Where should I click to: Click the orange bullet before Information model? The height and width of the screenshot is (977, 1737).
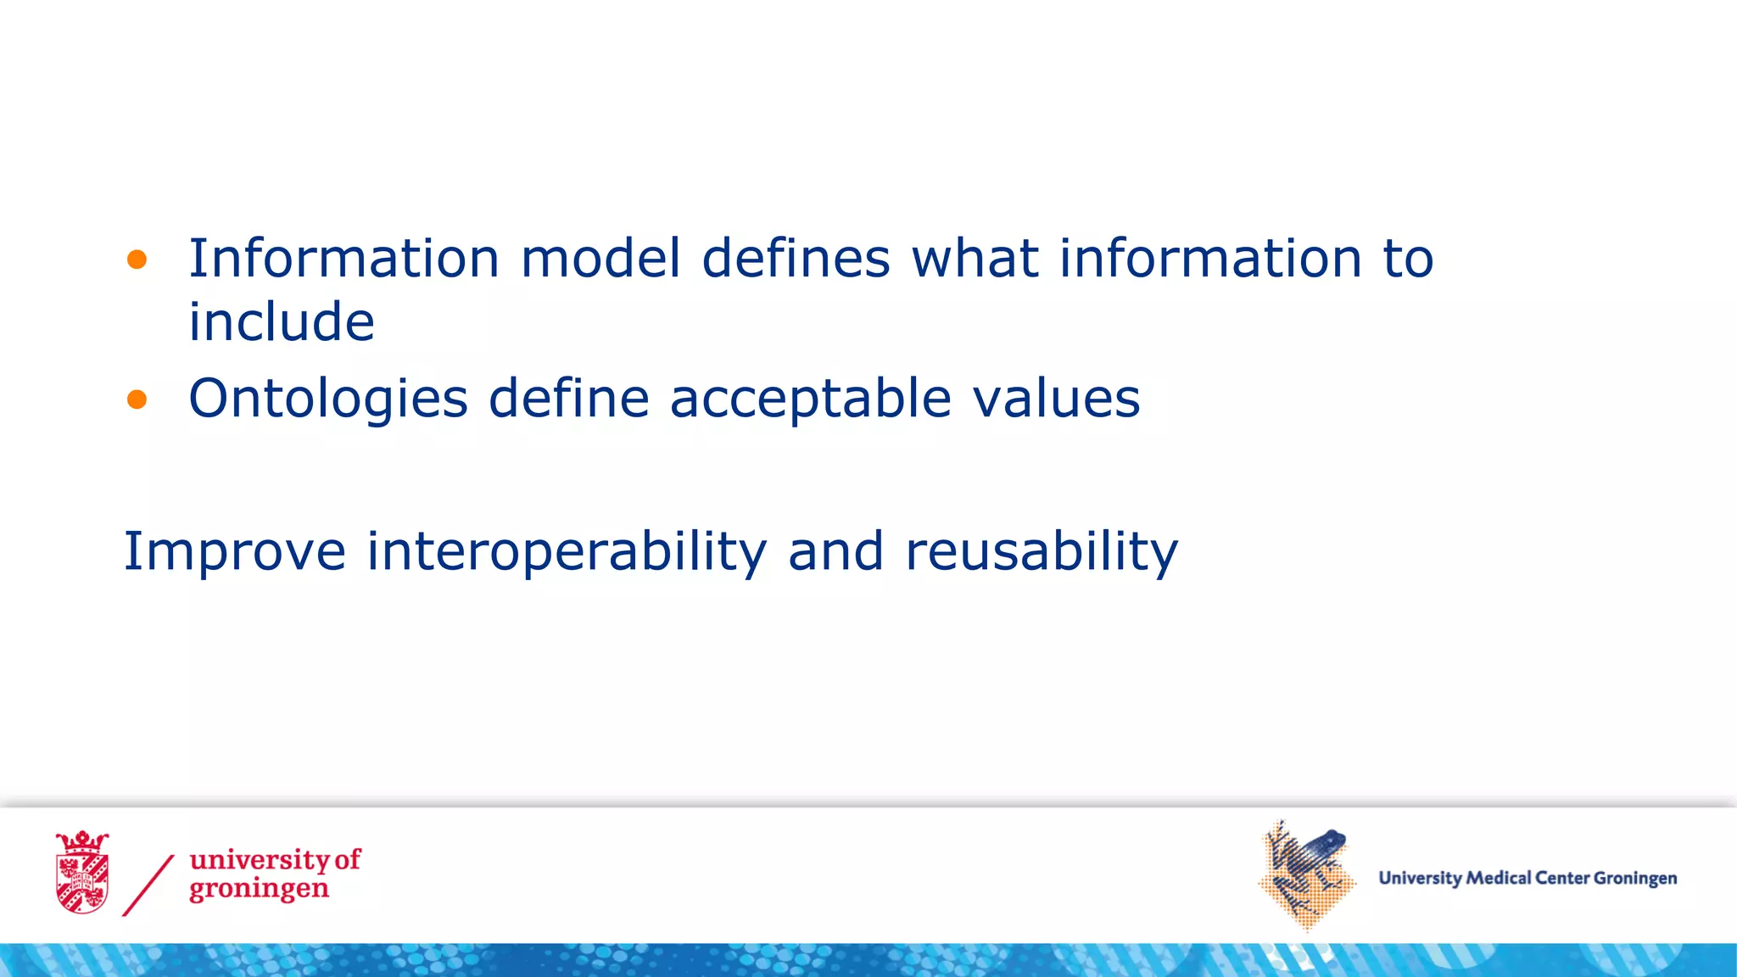(137, 260)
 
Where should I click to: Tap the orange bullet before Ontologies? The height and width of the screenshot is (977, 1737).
(137, 399)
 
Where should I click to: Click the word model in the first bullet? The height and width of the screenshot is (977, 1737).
(600, 258)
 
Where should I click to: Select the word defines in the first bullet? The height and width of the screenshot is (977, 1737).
(796, 258)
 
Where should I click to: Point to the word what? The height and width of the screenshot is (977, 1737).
(975, 258)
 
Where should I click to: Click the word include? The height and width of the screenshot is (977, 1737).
(281, 322)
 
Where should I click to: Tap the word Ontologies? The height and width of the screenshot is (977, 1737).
(328, 399)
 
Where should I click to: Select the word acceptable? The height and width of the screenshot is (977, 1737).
(810, 399)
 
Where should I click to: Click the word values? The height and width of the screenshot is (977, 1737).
(1056, 399)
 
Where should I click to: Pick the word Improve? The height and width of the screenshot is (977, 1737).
(235, 552)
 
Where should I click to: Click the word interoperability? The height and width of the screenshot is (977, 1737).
(567, 552)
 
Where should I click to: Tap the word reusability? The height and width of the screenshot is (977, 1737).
(1042, 552)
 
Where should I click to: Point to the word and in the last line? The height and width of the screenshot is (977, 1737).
(835, 552)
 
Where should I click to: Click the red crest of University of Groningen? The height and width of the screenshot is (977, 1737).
(82, 873)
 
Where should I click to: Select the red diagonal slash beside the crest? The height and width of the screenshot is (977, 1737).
(148, 885)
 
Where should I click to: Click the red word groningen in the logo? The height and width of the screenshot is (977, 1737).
(259, 890)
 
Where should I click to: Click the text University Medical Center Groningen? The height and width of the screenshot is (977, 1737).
(1528, 879)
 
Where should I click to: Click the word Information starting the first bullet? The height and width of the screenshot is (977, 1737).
(343, 258)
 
